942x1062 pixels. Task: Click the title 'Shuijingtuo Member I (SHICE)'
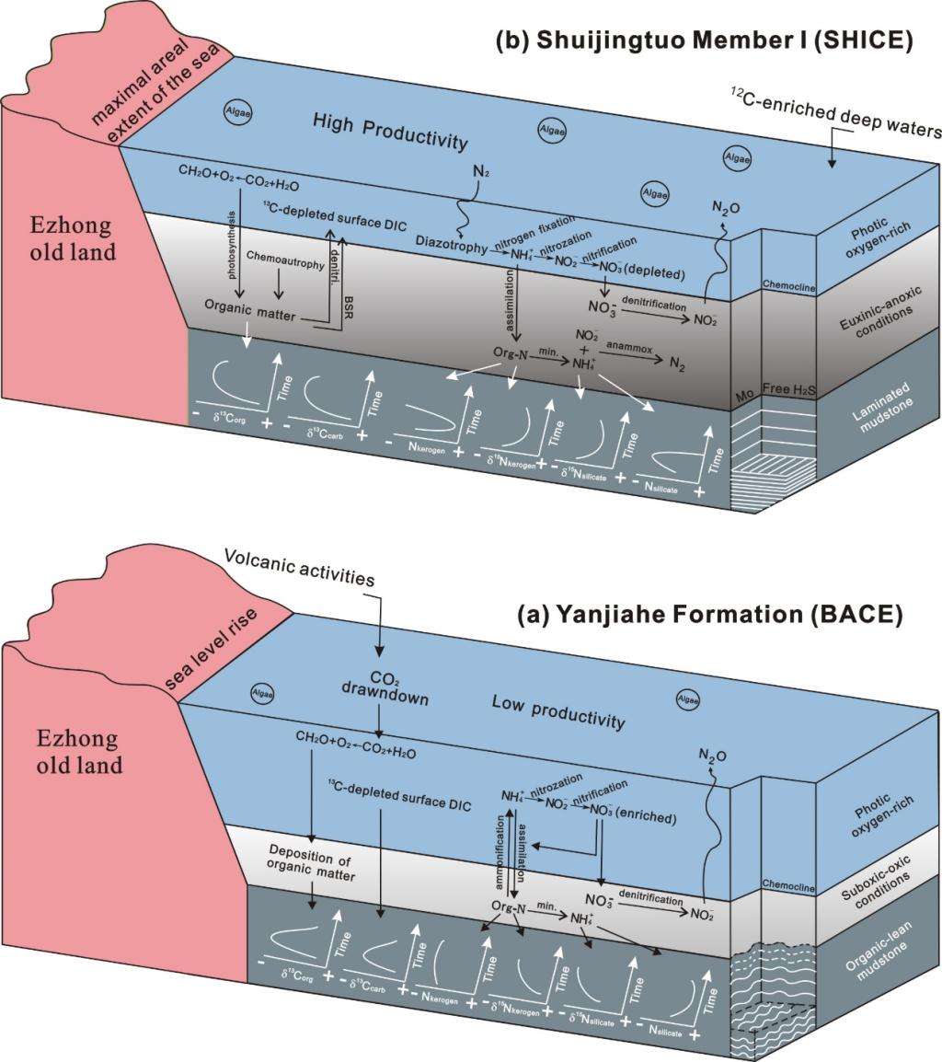704,40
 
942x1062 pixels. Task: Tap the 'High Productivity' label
390,131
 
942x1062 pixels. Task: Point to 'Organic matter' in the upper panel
248,315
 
